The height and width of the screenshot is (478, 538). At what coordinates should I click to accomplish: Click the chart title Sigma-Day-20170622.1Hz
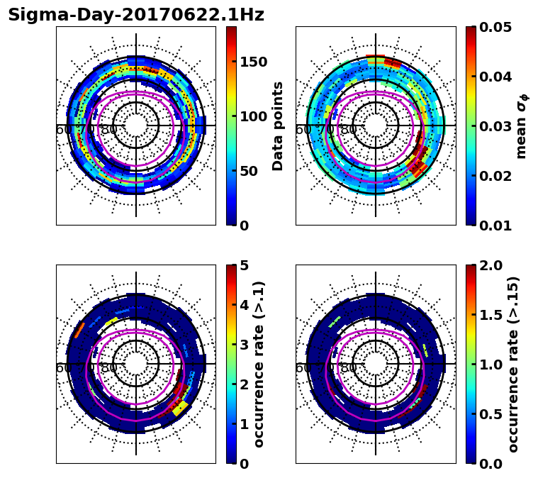pyautogui.click(x=136, y=15)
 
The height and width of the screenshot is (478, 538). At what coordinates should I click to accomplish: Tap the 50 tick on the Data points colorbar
pyautogui.click(x=250, y=171)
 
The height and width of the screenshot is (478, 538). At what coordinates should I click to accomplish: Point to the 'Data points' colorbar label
pyautogui.click(x=278, y=126)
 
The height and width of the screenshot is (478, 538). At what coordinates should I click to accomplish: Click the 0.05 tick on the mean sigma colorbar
pyautogui.click(x=500, y=27)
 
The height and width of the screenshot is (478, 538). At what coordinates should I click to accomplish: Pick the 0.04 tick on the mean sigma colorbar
pyautogui.click(x=500, y=77)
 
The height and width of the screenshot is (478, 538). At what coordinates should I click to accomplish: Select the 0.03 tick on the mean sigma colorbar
pyautogui.click(x=500, y=126)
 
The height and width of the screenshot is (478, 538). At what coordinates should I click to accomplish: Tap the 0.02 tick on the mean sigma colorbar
pyautogui.click(x=500, y=176)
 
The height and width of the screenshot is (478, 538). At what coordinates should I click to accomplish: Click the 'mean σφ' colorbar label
pyautogui.click(x=521, y=126)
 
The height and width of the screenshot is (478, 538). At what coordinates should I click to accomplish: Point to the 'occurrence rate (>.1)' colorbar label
pyautogui.click(x=259, y=365)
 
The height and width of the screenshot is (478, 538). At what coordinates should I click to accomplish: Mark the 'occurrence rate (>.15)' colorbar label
pyautogui.click(x=513, y=365)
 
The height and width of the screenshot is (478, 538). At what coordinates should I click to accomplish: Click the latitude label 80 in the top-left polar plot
pyautogui.click(x=109, y=130)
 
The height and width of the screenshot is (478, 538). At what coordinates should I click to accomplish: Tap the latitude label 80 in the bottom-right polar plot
pyautogui.click(x=349, y=368)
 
